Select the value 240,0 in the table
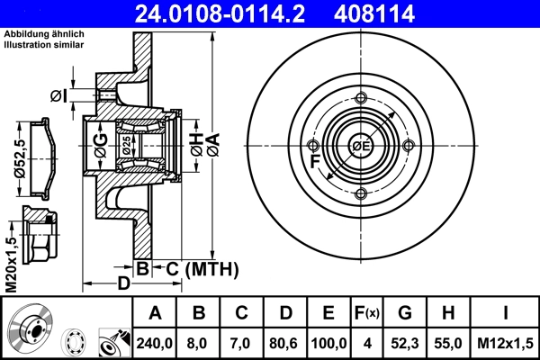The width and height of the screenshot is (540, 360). click(155, 343)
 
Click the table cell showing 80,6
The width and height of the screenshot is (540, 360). click(285, 343)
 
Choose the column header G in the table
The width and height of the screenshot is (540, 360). click(405, 314)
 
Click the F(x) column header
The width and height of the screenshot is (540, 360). click(367, 314)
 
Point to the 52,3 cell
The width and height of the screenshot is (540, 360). click(405, 343)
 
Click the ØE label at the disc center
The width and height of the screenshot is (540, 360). click(361, 146)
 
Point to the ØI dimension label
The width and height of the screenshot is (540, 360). click(57, 95)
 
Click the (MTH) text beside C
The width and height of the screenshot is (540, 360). click(211, 268)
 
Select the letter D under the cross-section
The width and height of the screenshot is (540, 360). click(123, 283)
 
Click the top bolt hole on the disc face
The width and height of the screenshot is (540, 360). click(361, 99)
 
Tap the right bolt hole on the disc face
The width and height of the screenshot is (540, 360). click(409, 146)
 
